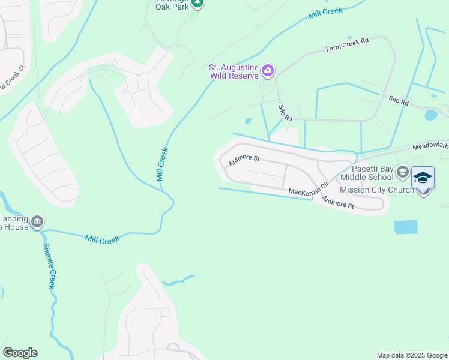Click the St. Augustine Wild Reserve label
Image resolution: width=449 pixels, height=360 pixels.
(x=234, y=72)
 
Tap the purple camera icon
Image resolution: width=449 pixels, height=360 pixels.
(x=268, y=72)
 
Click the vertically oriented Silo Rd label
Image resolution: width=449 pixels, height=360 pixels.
(x=285, y=112)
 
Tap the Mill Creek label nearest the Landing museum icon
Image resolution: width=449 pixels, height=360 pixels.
(x=102, y=239)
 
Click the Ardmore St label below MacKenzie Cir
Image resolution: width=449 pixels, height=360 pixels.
(x=338, y=202)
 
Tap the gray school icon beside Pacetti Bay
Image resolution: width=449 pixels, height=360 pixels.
(x=402, y=173)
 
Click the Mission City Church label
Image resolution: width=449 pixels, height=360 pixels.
(x=376, y=190)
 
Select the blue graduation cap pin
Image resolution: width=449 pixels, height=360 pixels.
(x=423, y=179)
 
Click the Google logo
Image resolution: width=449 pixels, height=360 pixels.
(x=20, y=353)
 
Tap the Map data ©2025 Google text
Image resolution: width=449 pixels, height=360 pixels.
(x=412, y=355)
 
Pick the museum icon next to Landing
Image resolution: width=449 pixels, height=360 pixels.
(x=37, y=223)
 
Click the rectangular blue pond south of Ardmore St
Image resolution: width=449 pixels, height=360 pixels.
(x=405, y=227)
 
